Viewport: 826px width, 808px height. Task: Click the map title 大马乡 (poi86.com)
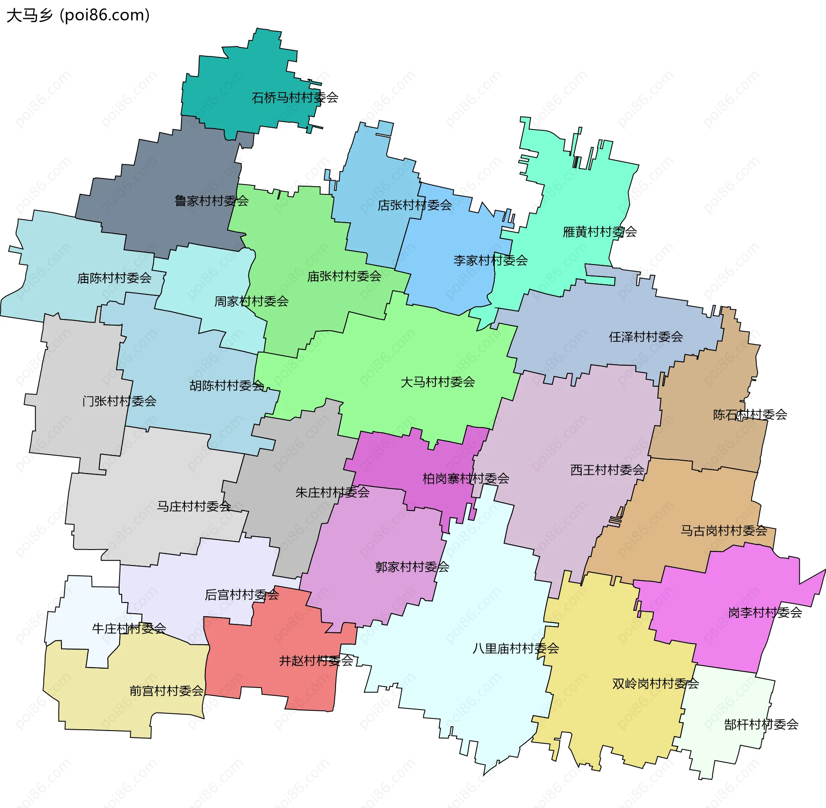tap(78, 15)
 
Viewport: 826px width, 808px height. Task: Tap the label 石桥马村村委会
tap(295, 98)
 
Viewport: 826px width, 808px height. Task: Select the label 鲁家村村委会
tap(211, 201)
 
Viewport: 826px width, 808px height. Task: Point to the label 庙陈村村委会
tap(114, 278)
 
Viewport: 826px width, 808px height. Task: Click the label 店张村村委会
tap(414, 205)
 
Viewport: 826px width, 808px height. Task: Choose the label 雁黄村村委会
tap(599, 232)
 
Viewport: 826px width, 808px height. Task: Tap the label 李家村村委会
tap(490, 260)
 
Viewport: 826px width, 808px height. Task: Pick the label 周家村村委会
tap(251, 301)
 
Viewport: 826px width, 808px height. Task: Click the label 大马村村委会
tap(437, 382)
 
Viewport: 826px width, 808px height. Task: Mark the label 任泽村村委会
tap(645, 337)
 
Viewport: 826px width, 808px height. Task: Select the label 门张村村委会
tap(119, 401)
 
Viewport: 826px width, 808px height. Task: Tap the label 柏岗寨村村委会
tap(465, 478)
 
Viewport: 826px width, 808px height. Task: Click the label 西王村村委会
tap(607, 470)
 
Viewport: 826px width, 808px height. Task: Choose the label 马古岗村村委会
tap(723, 530)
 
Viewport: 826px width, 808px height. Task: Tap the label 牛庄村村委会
tap(129, 628)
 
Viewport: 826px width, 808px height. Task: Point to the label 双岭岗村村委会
tap(655, 684)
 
